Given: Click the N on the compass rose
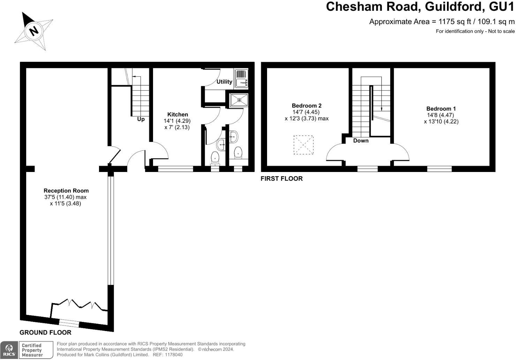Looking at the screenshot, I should (34, 31).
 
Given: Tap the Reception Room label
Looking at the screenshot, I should (66, 191).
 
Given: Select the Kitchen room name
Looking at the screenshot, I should (177, 114).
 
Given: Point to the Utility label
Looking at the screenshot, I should (224, 82).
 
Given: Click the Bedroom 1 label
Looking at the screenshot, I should (441, 109).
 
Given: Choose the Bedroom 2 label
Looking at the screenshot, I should (306, 106).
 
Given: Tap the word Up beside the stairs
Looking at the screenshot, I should (141, 119).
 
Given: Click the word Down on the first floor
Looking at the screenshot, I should (361, 141).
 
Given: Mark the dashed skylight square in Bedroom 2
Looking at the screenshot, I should (303, 145).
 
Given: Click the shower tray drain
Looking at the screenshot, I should (239, 100).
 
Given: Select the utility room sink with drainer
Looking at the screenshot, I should (241, 78).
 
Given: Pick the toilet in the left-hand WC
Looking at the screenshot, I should (215, 158).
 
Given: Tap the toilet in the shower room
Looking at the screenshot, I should (238, 153).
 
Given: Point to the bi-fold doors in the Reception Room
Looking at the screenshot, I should (79, 305).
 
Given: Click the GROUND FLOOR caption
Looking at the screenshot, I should (45, 333).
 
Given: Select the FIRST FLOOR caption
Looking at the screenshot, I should (281, 179).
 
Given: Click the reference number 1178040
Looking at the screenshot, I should (173, 355).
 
